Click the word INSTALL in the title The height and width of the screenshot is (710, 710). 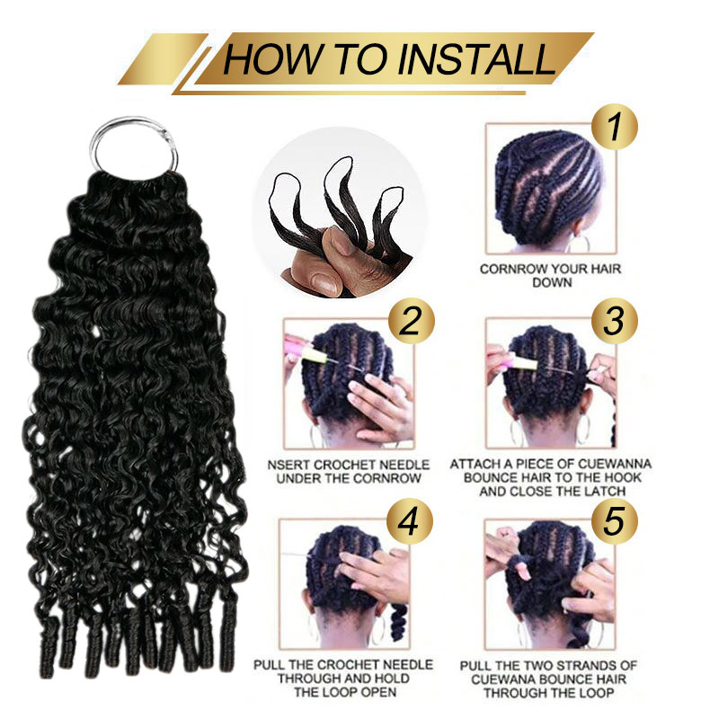click(x=477, y=59)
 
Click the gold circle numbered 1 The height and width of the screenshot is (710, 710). click(x=615, y=128)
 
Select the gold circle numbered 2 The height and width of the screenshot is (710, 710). click(x=411, y=321)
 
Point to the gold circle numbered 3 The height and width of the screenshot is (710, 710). click(x=615, y=321)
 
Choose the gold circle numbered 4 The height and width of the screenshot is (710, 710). click(x=409, y=521)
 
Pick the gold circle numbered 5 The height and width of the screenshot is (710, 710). click(x=615, y=521)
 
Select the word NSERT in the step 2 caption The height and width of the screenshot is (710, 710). click(x=288, y=465)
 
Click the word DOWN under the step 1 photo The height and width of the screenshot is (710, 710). click(x=552, y=282)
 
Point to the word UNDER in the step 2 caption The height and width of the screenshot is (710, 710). click(x=297, y=479)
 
